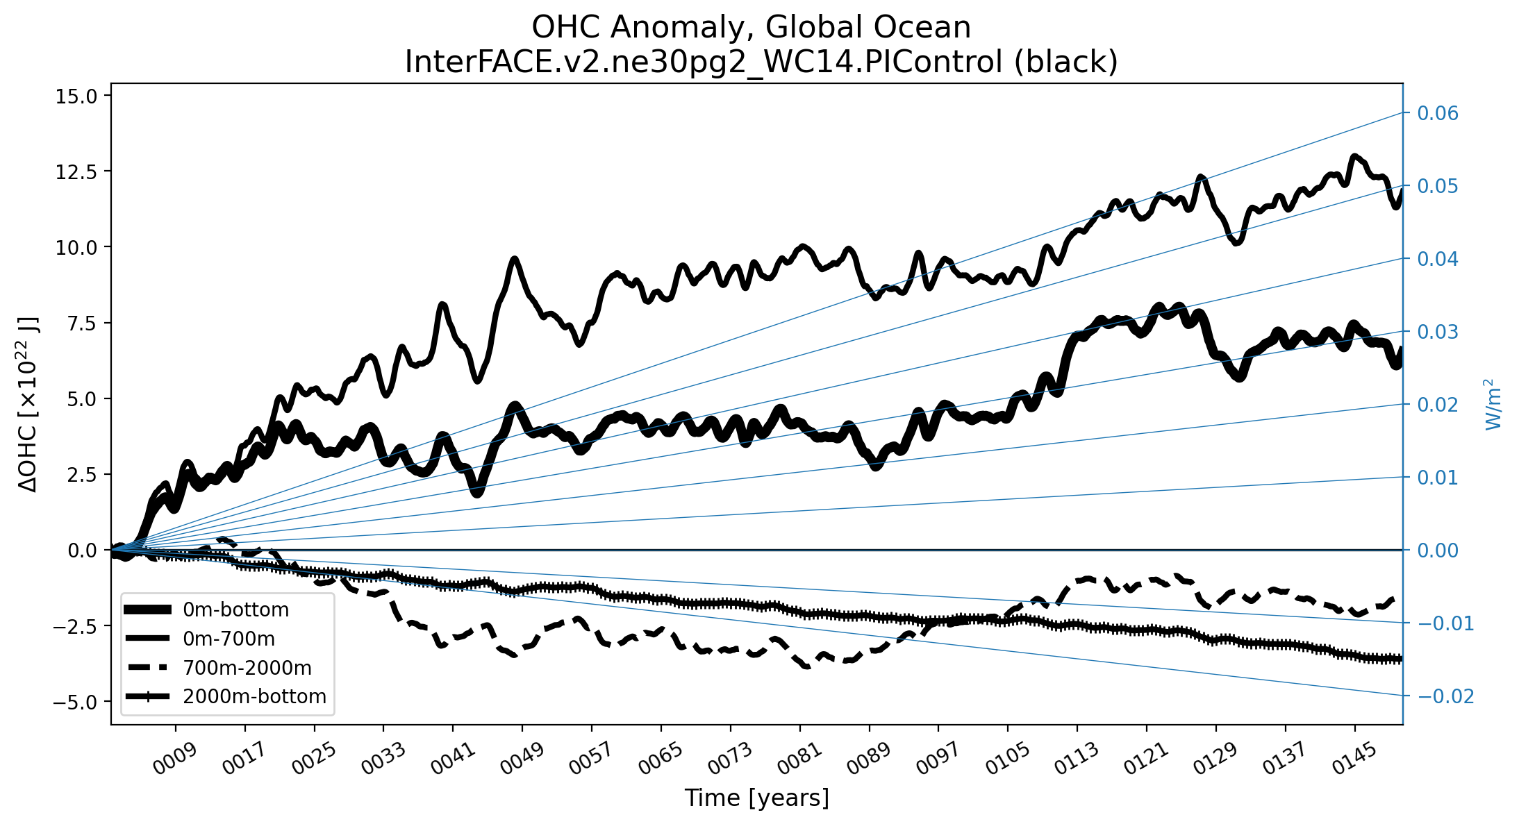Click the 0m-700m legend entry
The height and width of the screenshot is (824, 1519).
click(x=229, y=639)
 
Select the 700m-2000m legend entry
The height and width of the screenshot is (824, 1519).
click(x=247, y=668)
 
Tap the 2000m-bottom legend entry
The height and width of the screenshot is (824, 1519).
click(x=254, y=696)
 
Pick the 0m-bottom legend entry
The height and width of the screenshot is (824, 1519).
click(x=235, y=609)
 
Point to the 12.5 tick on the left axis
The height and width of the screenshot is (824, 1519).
click(x=76, y=171)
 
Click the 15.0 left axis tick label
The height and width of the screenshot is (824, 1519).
click(x=76, y=96)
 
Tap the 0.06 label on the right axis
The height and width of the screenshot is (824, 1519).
click(x=1437, y=113)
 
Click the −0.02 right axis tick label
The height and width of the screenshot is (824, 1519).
click(x=1445, y=696)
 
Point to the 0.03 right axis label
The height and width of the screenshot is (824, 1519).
click(x=1437, y=332)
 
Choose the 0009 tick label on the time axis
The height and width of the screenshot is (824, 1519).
click(x=175, y=758)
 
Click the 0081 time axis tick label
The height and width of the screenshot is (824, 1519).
click(x=799, y=758)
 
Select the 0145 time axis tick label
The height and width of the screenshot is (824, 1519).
click(x=1354, y=758)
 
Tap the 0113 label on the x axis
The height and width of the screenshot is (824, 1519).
click(x=1076, y=758)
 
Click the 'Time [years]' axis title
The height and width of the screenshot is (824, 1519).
click(x=756, y=798)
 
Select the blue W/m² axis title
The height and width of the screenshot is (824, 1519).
click(x=1493, y=404)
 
